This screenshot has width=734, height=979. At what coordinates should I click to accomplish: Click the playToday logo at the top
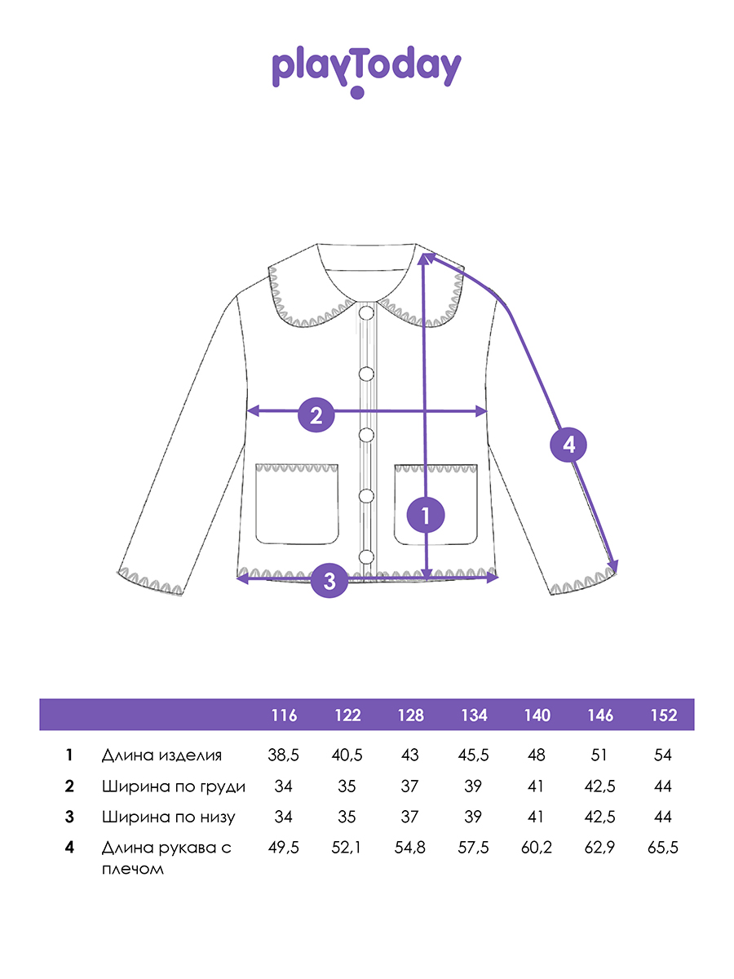(x=366, y=71)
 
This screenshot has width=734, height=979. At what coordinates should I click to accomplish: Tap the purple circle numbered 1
(x=426, y=515)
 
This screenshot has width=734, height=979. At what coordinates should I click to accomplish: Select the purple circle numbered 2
(x=316, y=414)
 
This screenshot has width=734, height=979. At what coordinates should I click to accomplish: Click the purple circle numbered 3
(x=329, y=580)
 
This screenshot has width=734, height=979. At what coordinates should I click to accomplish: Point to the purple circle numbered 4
(x=568, y=445)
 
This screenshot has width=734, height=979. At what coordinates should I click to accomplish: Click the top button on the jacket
(x=366, y=313)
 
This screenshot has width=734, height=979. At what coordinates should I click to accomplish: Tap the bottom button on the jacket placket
(x=366, y=556)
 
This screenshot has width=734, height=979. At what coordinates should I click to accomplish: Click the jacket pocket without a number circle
(x=297, y=504)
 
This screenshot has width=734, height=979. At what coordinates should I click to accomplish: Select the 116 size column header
(x=285, y=715)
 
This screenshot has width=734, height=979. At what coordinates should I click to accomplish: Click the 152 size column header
(x=664, y=715)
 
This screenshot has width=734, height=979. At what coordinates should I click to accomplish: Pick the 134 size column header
(x=474, y=715)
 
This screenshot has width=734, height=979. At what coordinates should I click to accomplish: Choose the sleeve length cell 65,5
(x=663, y=848)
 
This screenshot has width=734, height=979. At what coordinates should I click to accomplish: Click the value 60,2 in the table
(x=537, y=848)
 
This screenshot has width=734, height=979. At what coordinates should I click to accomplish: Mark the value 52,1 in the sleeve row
(x=347, y=848)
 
